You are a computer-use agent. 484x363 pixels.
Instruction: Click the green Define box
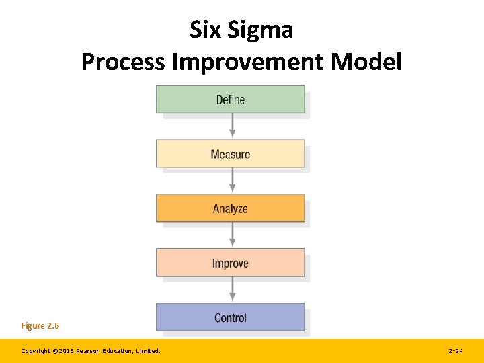point(230,99)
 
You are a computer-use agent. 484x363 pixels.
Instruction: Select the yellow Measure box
point(230,154)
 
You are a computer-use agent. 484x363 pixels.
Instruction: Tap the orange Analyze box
point(230,208)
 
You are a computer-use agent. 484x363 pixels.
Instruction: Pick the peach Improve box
point(230,263)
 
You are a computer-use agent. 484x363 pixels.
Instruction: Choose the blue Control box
point(230,317)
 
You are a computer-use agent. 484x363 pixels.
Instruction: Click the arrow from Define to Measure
point(233,126)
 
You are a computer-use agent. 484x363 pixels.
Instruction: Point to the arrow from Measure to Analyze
point(233,181)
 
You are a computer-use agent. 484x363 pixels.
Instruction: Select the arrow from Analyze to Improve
point(233,235)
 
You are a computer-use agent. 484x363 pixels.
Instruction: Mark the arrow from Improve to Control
point(233,290)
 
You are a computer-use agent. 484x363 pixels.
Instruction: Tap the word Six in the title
point(206,30)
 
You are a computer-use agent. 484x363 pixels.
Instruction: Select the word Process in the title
point(123,62)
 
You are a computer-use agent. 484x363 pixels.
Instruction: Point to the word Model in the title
point(369,62)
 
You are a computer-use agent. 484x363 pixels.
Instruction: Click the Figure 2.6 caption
point(40,326)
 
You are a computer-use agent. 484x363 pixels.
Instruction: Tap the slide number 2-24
point(455,351)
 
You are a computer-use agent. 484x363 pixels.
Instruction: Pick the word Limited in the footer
point(148,351)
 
